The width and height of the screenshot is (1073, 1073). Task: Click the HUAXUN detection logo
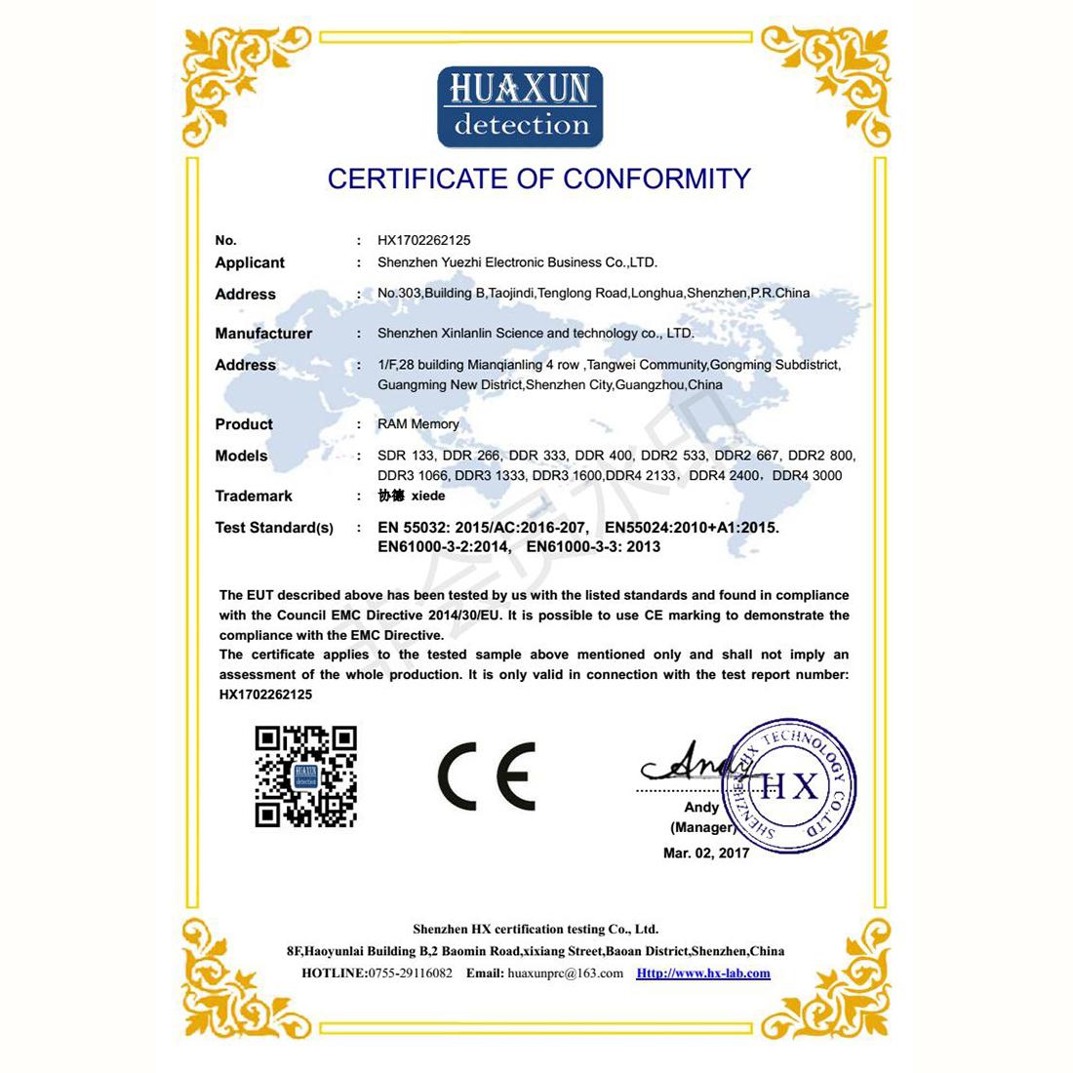pyautogui.click(x=520, y=106)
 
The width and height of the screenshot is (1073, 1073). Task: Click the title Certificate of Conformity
pyautogui.click(x=538, y=179)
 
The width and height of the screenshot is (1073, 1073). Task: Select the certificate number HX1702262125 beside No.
pyautogui.click(x=424, y=240)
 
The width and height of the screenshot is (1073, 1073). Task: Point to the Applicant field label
pyautogui.click(x=250, y=262)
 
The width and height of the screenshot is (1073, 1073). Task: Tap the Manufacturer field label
pyautogui.click(x=263, y=334)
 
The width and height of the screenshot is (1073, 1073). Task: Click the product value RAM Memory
pyautogui.click(x=418, y=424)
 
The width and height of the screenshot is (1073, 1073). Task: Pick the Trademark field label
pyautogui.click(x=254, y=497)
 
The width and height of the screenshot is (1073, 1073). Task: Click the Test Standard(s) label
pyautogui.click(x=274, y=528)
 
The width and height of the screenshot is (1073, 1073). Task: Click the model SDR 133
pyautogui.click(x=405, y=456)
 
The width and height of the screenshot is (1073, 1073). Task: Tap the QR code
pyautogui.click(x=305, y=776)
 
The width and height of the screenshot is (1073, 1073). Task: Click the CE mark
pyautogui.click(x=486, y=775)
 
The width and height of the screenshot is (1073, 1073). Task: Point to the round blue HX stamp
pyautogui.click(x=788, y=784)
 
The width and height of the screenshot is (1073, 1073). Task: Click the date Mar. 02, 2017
pyautogui.click(x=706, y=854)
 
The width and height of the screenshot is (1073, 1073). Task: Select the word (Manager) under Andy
pyautogui.click(x=702, y=827)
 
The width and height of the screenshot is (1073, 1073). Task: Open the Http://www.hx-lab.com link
pyautogui.click(x=703, y=974)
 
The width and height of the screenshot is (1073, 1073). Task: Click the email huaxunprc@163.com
pyautogui.click(x=566, y=974)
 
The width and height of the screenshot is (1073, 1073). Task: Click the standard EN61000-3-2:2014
pyautogui.click(x=444, y=547)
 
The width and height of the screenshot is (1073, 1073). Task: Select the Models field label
pyautogui.click(x=241, y=457)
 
